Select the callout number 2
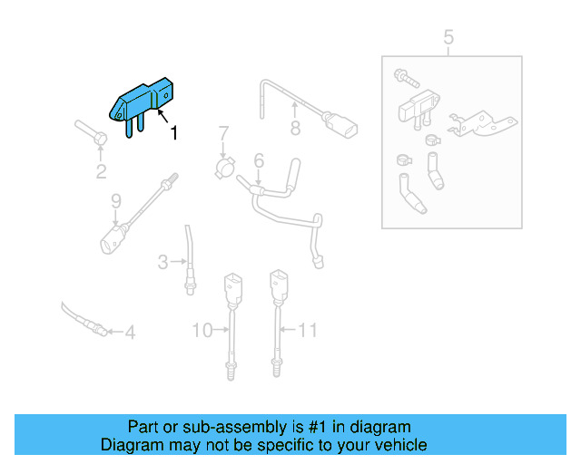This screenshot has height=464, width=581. pos(101,170)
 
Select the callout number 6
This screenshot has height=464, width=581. pos(259,160)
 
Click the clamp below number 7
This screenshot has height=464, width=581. pos(224,168)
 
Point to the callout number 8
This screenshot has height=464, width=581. pos(295,129)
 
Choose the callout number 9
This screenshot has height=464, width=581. pos(115,200)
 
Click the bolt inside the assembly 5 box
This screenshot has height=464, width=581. pos(402,76)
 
